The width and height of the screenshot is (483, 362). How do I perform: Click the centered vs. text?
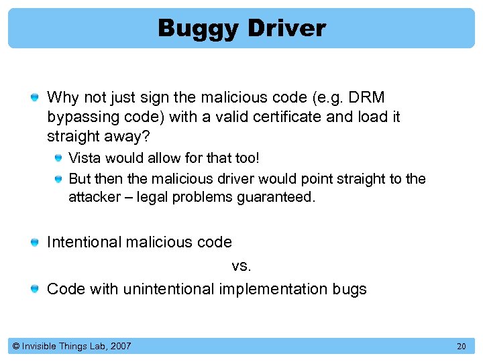point(241,265)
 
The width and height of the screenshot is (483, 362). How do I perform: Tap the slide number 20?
point(461,346)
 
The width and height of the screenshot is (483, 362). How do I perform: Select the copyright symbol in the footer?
point(15,346)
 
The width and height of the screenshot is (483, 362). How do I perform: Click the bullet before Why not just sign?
point(34,99)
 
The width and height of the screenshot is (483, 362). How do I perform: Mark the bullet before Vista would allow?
point(59,159)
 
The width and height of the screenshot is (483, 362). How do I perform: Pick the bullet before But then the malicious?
point(59,179)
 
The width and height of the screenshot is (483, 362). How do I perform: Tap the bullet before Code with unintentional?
point(34,290)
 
